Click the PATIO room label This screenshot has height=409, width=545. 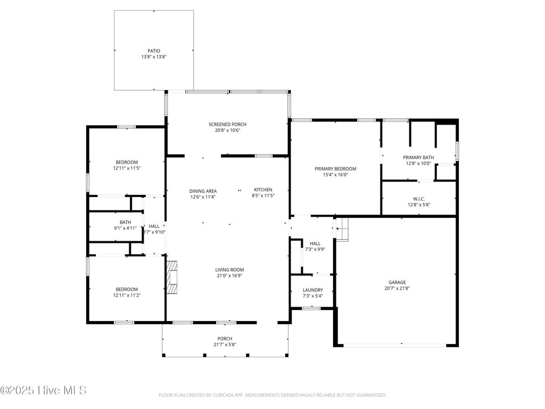[x=154, y=51]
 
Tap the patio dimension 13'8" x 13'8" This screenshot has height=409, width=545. [x=154, y=57]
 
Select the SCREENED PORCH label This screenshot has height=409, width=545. [x=227, y=125]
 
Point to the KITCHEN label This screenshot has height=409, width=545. [x=263, y=190]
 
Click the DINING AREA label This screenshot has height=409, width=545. [x=203, y=191]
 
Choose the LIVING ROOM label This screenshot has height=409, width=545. [x=229, y=270]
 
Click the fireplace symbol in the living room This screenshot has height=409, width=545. [x=172, y=277]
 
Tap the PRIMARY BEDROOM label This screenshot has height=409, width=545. [x=335, y=169]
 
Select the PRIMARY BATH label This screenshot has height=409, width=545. [x=418, y=158]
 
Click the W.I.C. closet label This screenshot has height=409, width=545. [x=418, y=199]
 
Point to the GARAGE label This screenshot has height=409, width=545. [x=397, y=282]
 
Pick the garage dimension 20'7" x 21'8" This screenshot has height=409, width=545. [x=397, y=289]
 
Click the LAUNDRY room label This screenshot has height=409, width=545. [x=312, y=290]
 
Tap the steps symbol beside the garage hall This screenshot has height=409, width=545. [x=342, y=229]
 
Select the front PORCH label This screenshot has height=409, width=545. [x=225, y=339]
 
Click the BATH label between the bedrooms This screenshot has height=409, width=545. [x=125, y=223]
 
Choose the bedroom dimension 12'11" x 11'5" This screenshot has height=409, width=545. [x=127, y=168]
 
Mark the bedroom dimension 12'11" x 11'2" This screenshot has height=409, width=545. [x=127, y=295]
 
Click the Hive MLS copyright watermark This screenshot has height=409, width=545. [x=43, y=390]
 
